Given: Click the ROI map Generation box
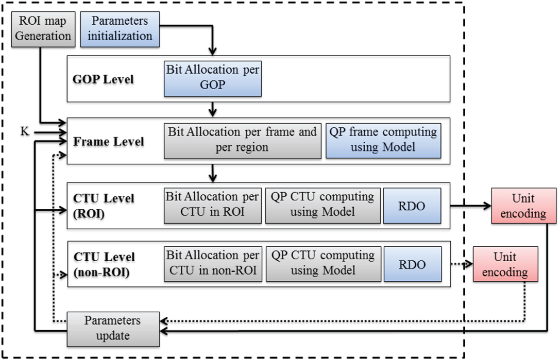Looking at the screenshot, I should [x=43, y=29].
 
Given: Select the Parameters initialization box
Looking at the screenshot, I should [x=120, y=29].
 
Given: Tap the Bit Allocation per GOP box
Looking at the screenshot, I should [x=212, y=78].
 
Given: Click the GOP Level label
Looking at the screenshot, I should [x=103, y=79].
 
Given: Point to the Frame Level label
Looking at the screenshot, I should [x=108, y=142].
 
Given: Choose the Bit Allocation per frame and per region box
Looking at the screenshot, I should [x=242, y=140].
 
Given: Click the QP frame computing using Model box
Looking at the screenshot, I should [x=383, y=140].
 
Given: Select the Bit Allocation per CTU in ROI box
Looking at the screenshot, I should [x=212, y=205].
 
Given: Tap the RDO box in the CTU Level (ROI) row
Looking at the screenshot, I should [x=412, y=206].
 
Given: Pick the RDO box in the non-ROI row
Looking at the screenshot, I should [x=412, y=264].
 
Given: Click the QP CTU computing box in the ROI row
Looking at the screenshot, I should [x=322, y=205].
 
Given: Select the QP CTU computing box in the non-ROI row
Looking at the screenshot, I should [x=323, y=264].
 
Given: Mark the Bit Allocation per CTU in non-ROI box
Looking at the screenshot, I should [x=213, y=264].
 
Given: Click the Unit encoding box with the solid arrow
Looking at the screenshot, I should [x=523, y=206].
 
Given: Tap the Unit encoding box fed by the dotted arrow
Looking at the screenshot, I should [x=505, y=264].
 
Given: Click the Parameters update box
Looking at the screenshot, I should [x=113, y=329].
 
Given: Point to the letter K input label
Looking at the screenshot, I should [x=25, y=131].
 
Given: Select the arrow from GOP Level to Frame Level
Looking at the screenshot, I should [x=212, y=109].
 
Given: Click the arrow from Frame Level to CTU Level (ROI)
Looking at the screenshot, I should [x=212, y=173].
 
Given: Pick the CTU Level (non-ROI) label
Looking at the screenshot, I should [x=104, y=264].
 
